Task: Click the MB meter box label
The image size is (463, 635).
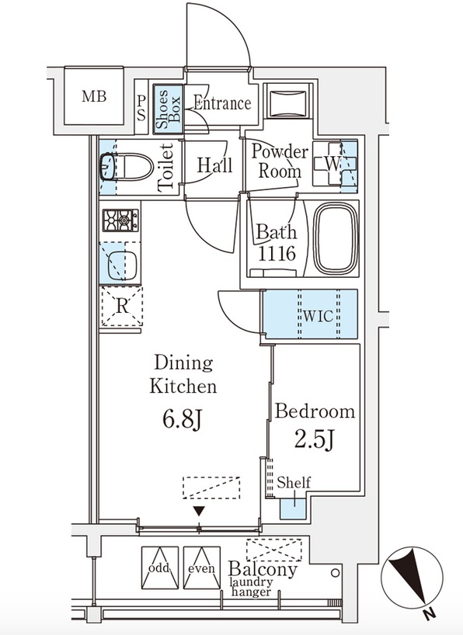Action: (94, 96)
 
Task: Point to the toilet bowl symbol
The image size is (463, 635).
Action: (127, 167)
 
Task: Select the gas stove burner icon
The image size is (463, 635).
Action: (120, 220)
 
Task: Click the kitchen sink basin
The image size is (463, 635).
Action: (123, 265)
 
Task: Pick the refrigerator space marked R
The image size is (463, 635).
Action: (122, 306)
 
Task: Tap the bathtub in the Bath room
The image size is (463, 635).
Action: (336, 238)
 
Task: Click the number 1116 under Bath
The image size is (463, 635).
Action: (277, 254)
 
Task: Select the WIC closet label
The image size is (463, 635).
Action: (318, 316)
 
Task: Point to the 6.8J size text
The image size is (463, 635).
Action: (182, 420)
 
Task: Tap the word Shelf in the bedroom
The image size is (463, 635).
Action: (294, 482)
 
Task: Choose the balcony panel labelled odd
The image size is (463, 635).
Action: (160, 567)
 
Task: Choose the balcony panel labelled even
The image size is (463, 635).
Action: (201, 567)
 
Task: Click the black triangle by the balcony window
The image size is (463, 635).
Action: (198, 512)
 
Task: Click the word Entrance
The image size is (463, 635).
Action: (222, 103)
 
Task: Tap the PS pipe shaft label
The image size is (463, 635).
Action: (141, 108)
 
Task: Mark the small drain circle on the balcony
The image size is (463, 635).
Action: (335, 573)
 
